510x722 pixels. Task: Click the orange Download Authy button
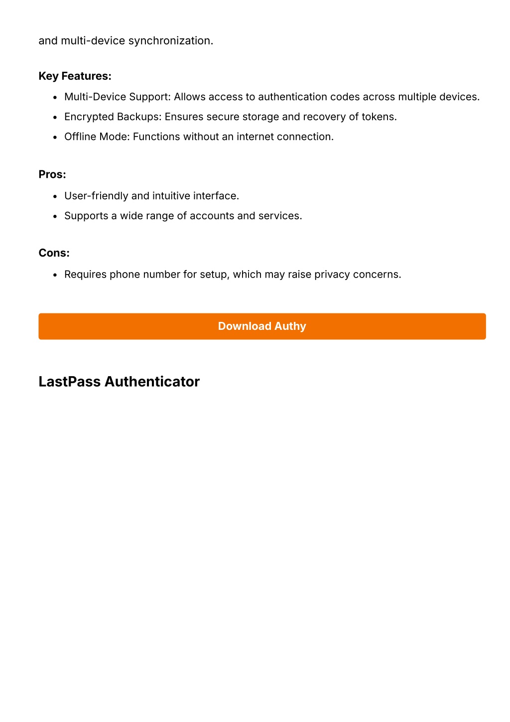tap(262, 326)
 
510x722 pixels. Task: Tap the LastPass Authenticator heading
tap(119, 382)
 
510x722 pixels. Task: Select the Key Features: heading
tap(75, 76)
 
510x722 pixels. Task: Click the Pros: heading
tap(52, 174)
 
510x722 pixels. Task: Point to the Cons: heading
tap(54, 253)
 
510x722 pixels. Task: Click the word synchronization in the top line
tap(171, 41)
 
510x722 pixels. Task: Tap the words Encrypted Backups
tap(113, 117)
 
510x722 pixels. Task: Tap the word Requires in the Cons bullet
tap(85, 275)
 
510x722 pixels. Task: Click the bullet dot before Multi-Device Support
tap(55, 98)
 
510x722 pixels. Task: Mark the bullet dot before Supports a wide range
tap(55, 217)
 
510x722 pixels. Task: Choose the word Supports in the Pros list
tap(86, 216)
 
